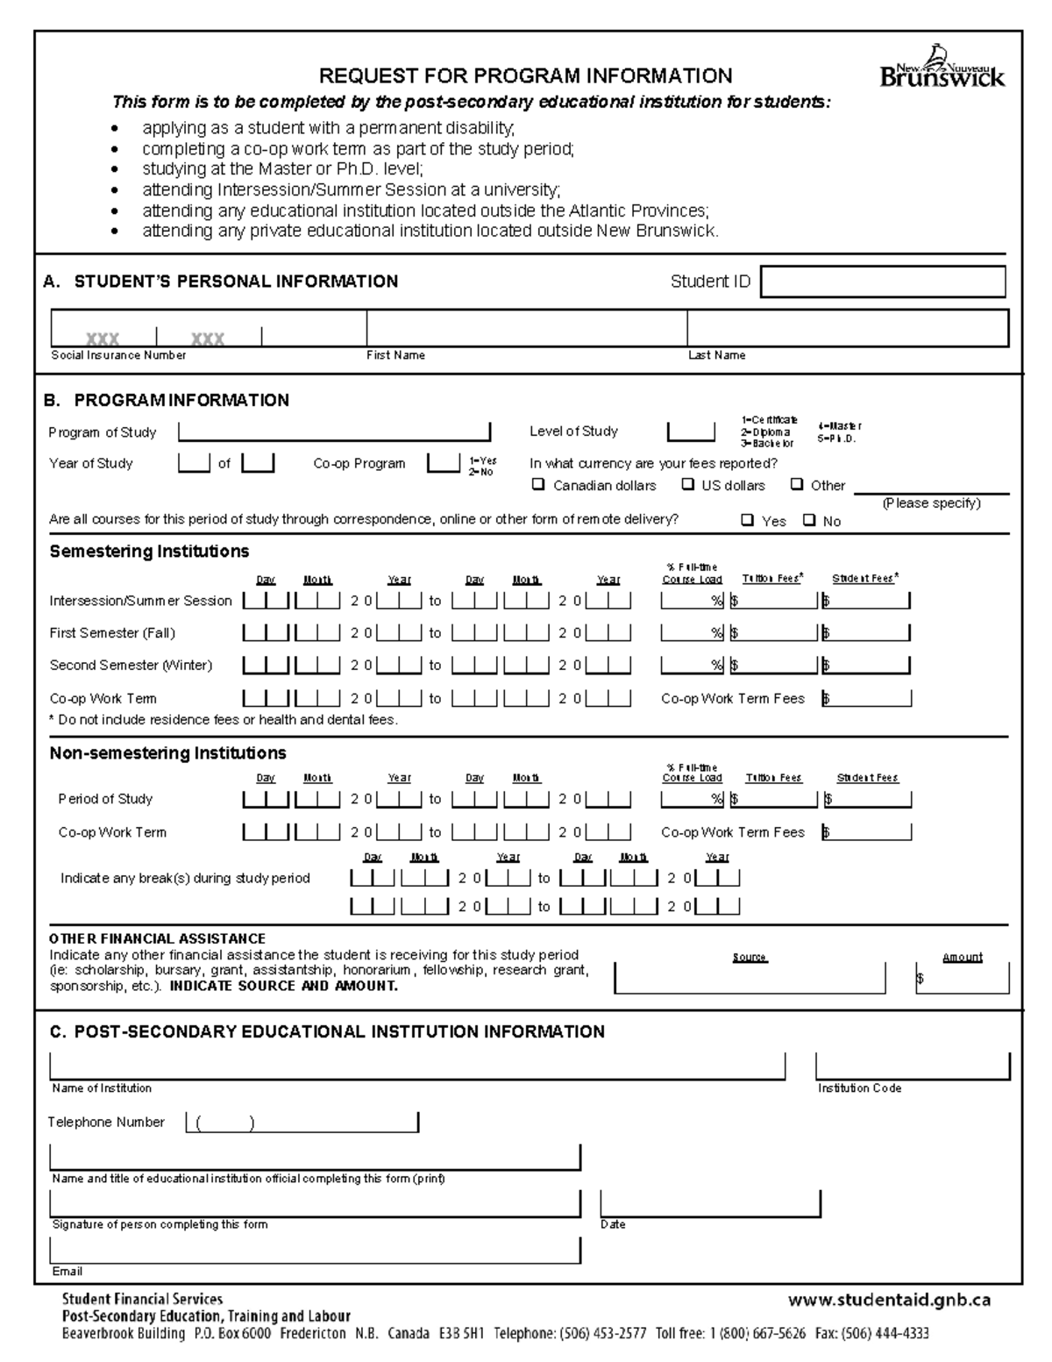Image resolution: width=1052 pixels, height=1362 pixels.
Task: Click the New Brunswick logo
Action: (942, 68)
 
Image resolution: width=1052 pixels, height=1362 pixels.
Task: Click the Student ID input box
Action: (883, 282)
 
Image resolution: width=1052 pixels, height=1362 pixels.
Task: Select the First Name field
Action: (526, 329)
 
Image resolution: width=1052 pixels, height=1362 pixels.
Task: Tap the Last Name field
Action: (847, 329)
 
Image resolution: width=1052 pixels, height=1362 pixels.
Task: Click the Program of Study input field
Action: (334, 431)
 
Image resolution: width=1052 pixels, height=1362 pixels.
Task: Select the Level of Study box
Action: (691, 431)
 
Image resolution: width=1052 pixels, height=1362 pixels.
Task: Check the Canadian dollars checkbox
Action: (538, 484)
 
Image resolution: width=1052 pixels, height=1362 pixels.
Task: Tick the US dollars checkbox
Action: (688, 484)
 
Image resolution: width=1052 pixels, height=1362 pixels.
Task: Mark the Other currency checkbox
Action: (797, 484)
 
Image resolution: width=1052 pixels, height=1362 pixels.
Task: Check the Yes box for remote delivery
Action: (747, 520)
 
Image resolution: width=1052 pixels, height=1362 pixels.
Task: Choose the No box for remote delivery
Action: (809, 520)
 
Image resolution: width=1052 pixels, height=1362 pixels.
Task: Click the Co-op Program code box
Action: (443, 463)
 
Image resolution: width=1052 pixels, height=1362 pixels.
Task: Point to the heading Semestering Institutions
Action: (149, 552)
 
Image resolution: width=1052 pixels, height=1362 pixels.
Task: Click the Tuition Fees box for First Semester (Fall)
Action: (774, 632)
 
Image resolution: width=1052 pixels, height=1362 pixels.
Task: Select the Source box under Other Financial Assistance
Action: (750, 978)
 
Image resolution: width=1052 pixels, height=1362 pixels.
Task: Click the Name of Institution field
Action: (417, 1066)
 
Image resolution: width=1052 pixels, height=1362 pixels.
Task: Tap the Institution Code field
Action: (912, 1066)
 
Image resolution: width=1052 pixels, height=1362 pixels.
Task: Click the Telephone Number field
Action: (302, 1123)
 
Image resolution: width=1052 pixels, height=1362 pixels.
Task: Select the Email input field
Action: (316, 1250)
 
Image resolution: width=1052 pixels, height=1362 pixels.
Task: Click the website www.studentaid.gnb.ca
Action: (889, 1300)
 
